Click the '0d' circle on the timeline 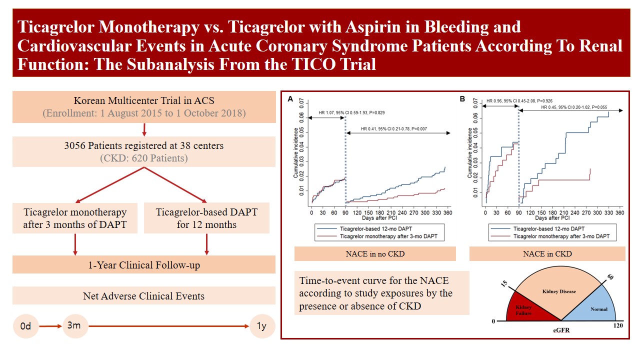(x=25, y=326)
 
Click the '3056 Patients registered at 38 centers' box (x=144, y=151)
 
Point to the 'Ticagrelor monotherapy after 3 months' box (x=75, y=218)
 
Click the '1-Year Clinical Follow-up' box (x=144, y=264)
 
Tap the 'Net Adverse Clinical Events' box (x=144, y=295)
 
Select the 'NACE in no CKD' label (x=375, y=253)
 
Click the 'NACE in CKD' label (x=547, y=253)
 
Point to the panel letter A (x=290, y=100)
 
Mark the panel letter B (x=462, y=99)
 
